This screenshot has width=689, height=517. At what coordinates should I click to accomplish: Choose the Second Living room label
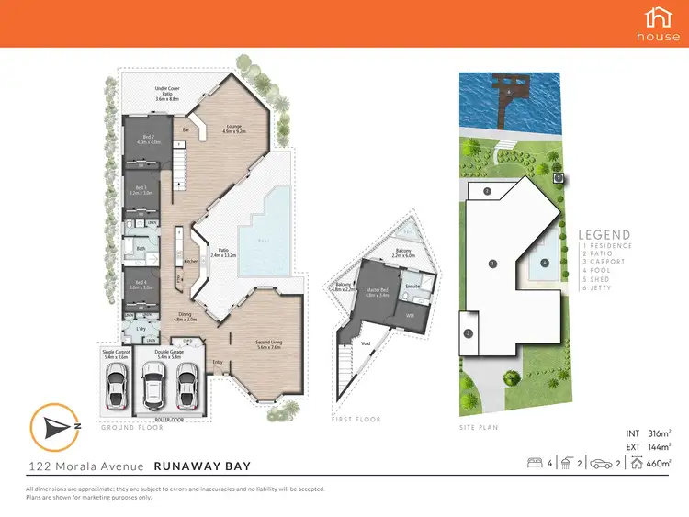pos(268,344)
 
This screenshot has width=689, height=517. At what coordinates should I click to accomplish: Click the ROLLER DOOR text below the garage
pos(168,420)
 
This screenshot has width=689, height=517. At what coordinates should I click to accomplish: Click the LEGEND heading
pos(604,234)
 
